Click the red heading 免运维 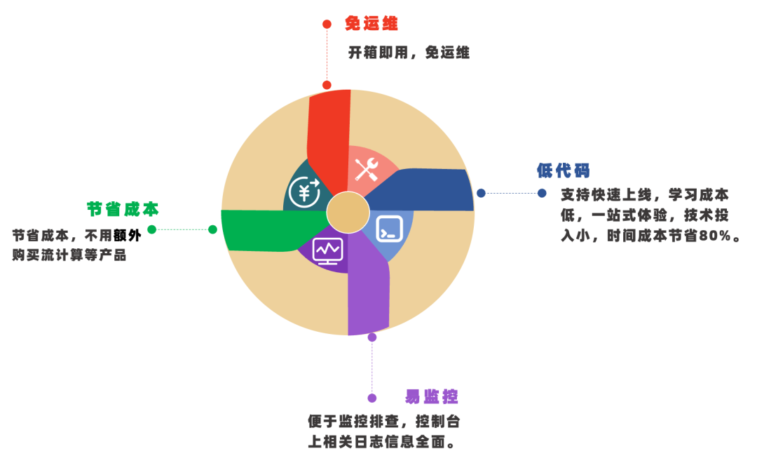pos(371,24)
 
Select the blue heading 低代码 pos(563,170)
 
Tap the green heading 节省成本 pos(123,209)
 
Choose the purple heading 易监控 pos(431,396)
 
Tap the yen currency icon pos(304,192)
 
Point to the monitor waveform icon pos(327,250)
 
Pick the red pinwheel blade pos(329,133)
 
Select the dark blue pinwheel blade pos(428,189)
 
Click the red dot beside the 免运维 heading pos(327,25)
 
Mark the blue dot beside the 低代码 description pos(542,193)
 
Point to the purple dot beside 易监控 pos(372,398)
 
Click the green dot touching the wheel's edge pos(212,229)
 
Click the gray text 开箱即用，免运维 pos(409,53)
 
